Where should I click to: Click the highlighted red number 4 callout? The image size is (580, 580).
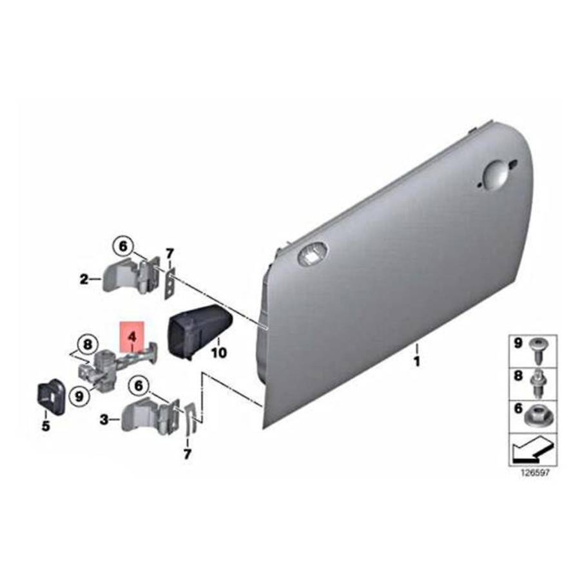click(x=132, y=337)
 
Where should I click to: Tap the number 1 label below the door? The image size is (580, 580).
click(x=417, y=362)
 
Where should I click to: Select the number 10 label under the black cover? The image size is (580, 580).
click(x=218, y=353)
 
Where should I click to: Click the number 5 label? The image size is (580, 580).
click(x=46, y=426)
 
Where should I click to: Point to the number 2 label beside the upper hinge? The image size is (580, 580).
click(x=84, y=279)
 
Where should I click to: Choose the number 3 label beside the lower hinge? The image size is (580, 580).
click(x=104, y=420)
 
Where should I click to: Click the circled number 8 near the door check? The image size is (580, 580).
click(x=87, y=345)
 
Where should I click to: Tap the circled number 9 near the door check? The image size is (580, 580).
click(x=79, y=396)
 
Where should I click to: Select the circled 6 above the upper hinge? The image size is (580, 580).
click(x=123, y=246)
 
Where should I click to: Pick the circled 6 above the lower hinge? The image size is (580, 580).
click(x=139, y=386)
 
